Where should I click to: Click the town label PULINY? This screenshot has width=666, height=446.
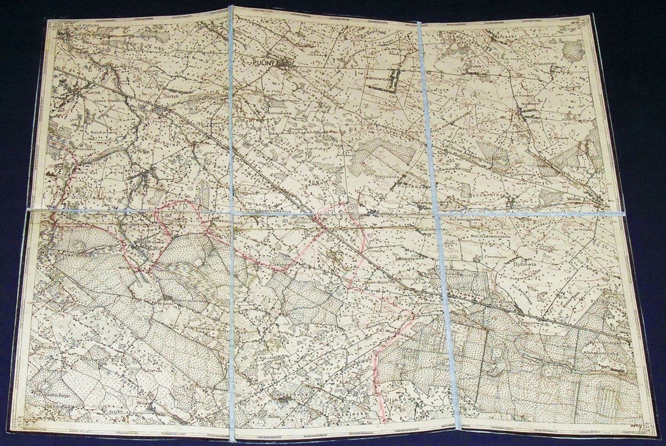coord(265,62)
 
